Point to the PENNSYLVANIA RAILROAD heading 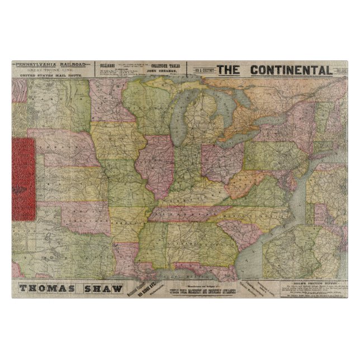[x=51, y=64]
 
